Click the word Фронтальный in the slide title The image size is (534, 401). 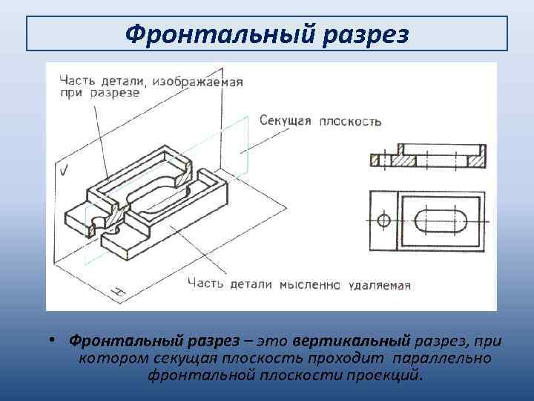(x=209, y=33)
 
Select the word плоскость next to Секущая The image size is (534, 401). (x=350, y=120)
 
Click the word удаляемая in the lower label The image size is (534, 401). (x=377, y=284)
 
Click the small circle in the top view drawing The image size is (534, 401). (x=383, y=221)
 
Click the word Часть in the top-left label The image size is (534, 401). (x=76, y=80)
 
